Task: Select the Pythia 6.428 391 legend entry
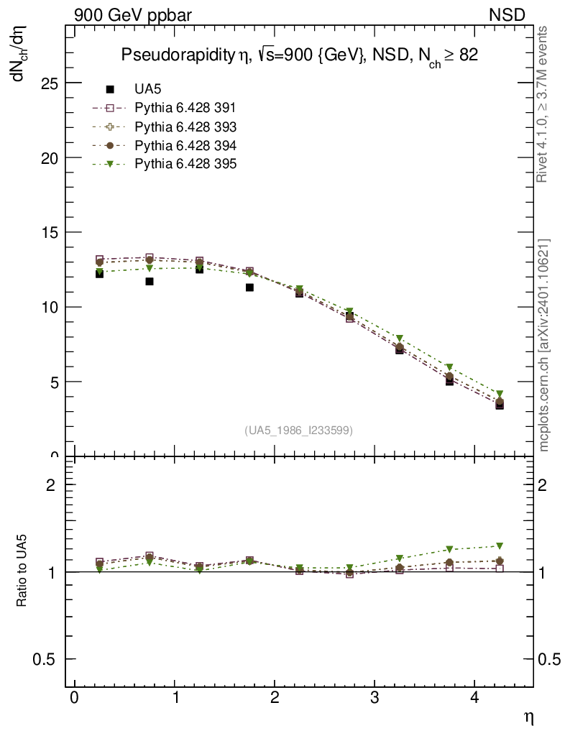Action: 185,108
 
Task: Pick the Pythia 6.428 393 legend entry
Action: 185,126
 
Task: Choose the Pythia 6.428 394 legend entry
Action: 185,145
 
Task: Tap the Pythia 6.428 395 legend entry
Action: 185,164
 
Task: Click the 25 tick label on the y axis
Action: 50,83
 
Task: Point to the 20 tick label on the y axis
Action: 50,158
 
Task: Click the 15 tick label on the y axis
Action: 50,233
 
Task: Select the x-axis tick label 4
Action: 474,699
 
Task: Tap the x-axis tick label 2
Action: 275,699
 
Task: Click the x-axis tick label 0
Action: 74,699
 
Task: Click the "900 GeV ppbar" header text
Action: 133,15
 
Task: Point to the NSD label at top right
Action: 507,15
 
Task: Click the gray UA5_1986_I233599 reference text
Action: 299,430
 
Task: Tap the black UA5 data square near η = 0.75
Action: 150,281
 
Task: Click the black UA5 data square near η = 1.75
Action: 249,287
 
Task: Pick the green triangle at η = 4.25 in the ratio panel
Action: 500,546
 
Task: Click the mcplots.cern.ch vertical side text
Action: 544,345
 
